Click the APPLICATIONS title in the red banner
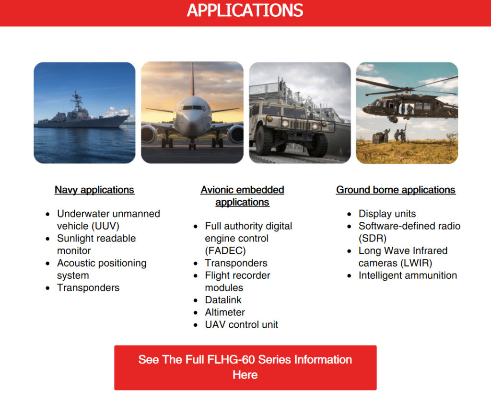[x=245, y=11]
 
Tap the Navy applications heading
[x=94, y=190]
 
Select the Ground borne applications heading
[x=396, y=190]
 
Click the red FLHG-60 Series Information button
[x=245, y=368]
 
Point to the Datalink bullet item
[x=223, y=300]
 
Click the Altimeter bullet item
[x=225, y=312]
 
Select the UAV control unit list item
[x=242, y=325]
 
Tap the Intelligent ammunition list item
[x=408, y=276]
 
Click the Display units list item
[x=387, y=214]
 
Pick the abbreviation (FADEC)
[x=225, y=251]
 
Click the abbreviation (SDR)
[x=372, y=239]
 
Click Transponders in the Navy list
[x=88, y=288]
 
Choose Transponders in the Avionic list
[x=236, y=263]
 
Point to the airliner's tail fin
[x=193, y=79]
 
